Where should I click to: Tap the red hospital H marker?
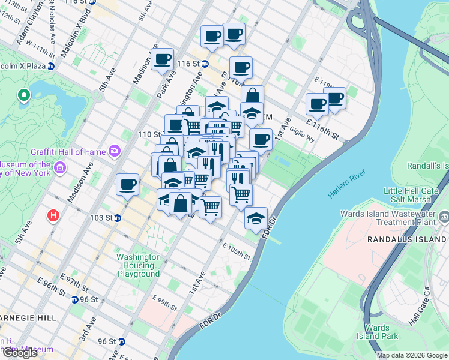54,214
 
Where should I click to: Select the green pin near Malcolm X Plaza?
24,95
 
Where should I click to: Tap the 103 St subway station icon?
118,218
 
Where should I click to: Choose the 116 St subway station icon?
205,64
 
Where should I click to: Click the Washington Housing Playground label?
139,265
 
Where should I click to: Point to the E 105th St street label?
236,251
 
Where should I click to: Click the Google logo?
20,352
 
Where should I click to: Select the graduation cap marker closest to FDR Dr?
256,218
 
